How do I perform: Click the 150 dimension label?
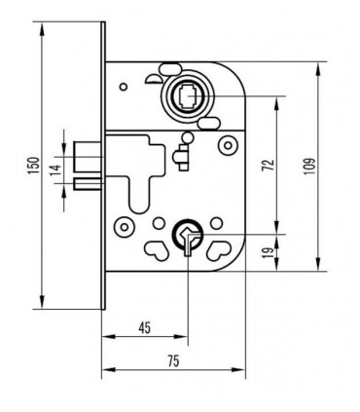[x=34, y=166]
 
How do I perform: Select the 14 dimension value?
[x=56, y=169]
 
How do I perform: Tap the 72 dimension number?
[x=269, y=165]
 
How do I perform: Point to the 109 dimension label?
[x=309, y=166]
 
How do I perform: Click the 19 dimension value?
[x=269, y=252]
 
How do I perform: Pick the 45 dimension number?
[x=145, y=328]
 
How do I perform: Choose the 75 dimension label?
[x=173, y=361]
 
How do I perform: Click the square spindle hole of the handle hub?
[x=188, y=95]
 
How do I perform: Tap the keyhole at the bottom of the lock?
[x=188, y=240]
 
